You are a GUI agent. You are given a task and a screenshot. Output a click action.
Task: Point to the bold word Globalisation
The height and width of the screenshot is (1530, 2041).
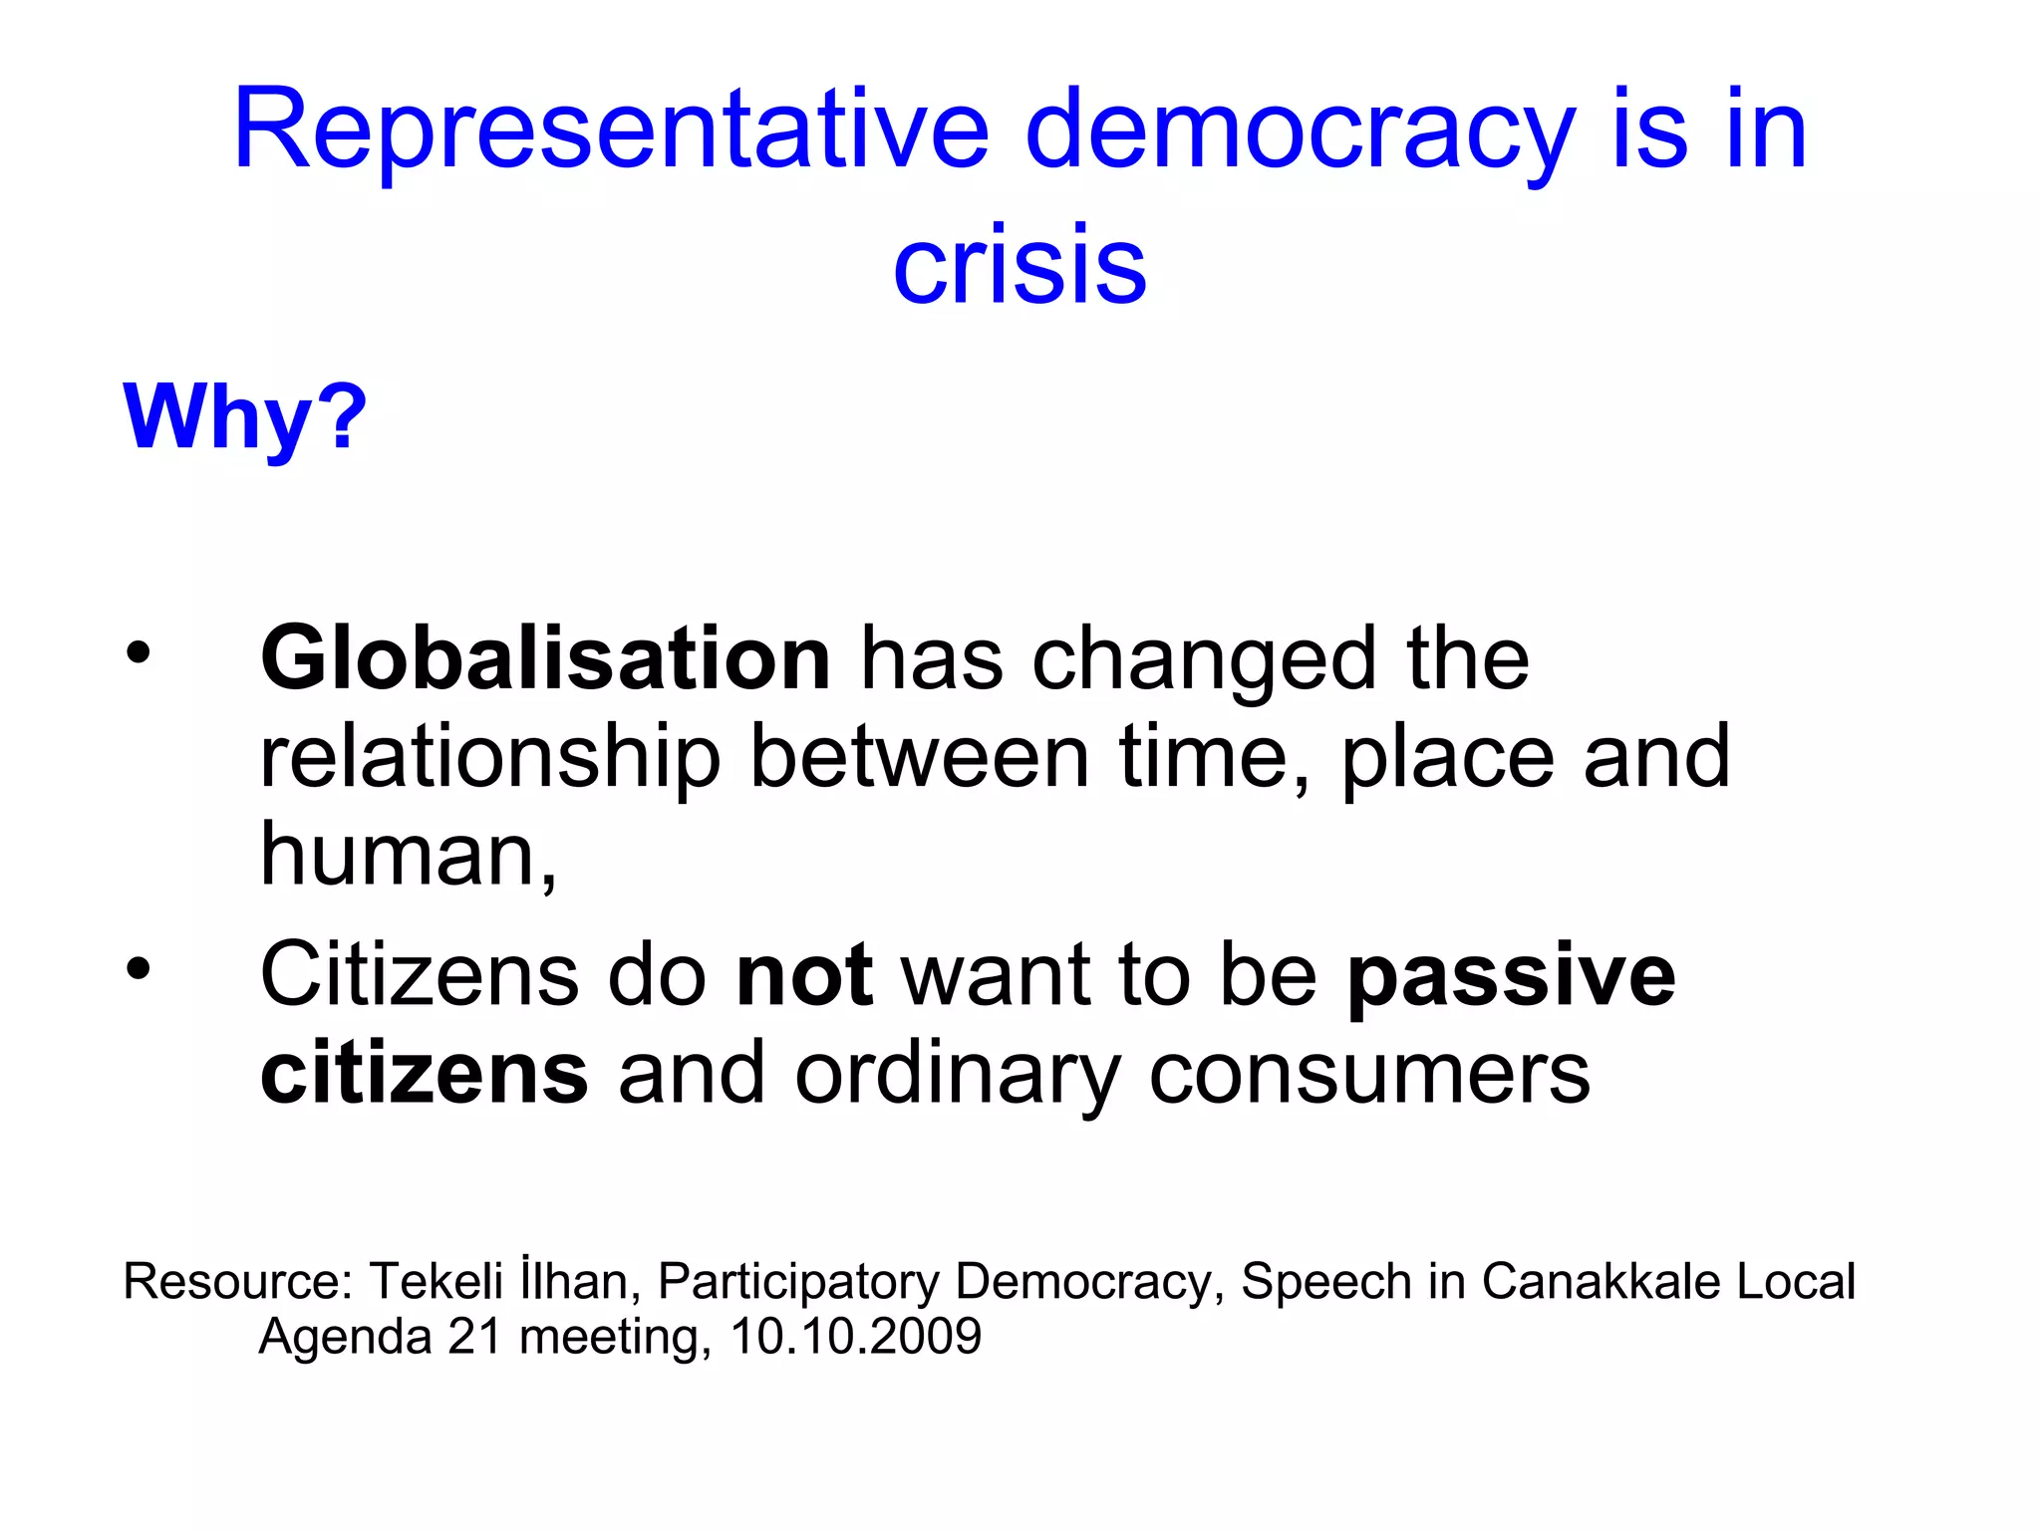click(x=545, y=658)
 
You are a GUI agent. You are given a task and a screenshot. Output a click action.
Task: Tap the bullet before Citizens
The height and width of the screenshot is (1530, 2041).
click(x=139, y=967)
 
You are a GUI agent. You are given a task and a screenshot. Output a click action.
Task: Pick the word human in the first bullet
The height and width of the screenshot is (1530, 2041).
click(x=399, y=855)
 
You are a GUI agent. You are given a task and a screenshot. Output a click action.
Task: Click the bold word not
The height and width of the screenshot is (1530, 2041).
click(x=804, y=975)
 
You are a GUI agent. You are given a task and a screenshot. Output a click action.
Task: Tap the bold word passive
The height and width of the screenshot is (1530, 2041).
click(x=1511, y=977)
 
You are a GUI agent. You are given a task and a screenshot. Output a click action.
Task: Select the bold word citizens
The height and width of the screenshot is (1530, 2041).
click(x=425, y=1074)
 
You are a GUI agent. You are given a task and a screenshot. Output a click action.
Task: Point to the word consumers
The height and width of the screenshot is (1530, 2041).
click(x=1369, y=1074)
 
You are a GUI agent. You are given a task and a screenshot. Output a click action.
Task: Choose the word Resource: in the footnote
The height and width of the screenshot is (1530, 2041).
click(x=238, y=1282)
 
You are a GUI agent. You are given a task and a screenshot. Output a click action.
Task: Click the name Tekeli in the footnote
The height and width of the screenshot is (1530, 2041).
click(x=437, y=1281)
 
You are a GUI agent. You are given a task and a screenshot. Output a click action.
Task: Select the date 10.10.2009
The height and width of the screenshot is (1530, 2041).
click(x=855, y=1337)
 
